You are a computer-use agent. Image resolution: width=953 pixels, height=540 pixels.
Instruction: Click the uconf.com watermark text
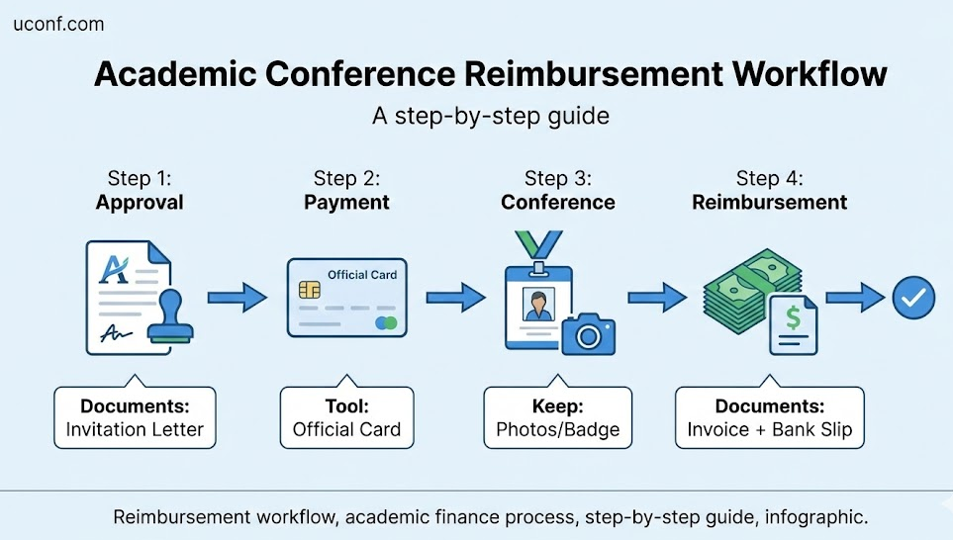click(x=58, y=25)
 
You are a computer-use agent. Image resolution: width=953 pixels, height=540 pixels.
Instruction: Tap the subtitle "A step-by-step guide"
click(x=490, y=116)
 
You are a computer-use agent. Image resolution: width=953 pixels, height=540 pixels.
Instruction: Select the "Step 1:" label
click(x=140, y=178)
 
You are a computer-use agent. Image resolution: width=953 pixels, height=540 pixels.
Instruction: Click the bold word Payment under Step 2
click(x=346, y=203)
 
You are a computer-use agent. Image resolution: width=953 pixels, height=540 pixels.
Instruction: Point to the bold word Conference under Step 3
click(x=557, y=203)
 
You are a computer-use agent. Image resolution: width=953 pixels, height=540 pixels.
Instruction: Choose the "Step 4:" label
click(x=769, y=178)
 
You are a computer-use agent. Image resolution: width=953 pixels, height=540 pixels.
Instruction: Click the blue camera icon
click(x=588, y=334)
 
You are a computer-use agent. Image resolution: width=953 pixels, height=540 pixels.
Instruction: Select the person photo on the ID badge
click(x=538, y=305)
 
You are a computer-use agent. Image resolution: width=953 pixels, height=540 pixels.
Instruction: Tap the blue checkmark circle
click(x=913, y=297)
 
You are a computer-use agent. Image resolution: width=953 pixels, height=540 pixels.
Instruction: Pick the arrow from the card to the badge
click(x=455, y=297)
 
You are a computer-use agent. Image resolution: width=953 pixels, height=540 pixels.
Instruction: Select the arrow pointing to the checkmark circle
click(x=855, y=297)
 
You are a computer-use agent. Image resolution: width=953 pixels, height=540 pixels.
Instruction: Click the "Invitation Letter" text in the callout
click(x=135, y=429)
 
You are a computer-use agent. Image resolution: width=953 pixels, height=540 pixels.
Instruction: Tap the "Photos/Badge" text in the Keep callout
click(x=557, y=429)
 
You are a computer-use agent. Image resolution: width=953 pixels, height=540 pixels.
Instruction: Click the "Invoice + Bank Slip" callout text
click(x=769, y=429)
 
